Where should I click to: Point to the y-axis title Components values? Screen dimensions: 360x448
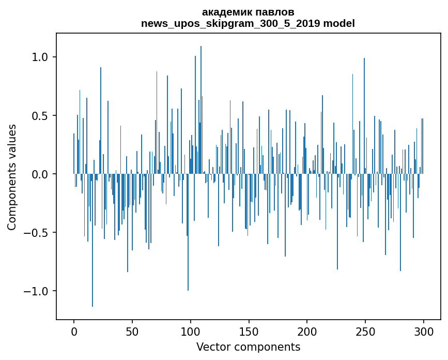coord(12,177)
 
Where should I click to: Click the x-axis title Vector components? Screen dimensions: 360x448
coord(248,347)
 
